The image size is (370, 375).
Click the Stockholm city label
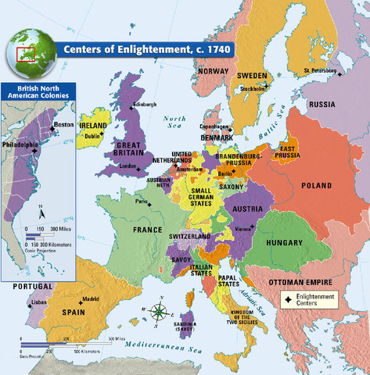pyautogui.click(x=252, y=89)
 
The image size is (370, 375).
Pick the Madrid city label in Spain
pyautogui.click(x=91, y=298)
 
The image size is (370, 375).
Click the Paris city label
pyautogui.click(x=141, y=201)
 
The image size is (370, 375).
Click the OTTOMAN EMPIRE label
pyautogui.click(x=298, y=280)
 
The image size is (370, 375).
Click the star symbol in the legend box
pyautogui.click(x=288, y=298)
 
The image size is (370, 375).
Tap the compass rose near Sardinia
pyautogui.click(x=159, y=312)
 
